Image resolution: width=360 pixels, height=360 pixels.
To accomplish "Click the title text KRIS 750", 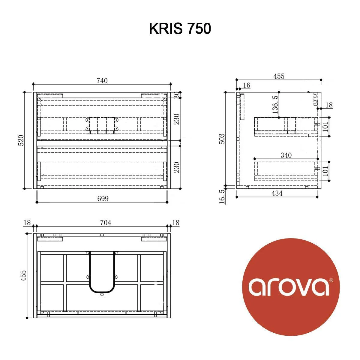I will (180, 29).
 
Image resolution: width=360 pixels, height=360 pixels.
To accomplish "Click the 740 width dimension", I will (102, 81).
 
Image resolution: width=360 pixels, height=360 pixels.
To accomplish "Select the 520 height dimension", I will (21, 141).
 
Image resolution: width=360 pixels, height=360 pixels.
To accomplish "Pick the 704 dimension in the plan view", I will (105, 223).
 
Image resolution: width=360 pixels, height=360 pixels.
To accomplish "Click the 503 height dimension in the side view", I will (221, 139).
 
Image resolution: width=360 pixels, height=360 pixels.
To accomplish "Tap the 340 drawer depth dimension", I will (286, 155).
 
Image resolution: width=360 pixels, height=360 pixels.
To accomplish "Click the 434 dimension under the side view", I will (277, 193).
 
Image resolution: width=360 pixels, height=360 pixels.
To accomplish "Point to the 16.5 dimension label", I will (222, 197).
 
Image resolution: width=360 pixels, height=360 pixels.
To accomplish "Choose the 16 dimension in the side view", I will (246, 85).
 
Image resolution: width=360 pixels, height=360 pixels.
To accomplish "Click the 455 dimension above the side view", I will (278, 76).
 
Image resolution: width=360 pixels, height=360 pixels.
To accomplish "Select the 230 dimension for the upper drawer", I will (177, 119).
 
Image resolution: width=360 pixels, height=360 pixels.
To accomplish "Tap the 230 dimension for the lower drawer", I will (177, 167).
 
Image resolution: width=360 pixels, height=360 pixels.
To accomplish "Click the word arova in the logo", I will (288, 287).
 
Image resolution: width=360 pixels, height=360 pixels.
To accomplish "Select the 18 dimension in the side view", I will (329, 105).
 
